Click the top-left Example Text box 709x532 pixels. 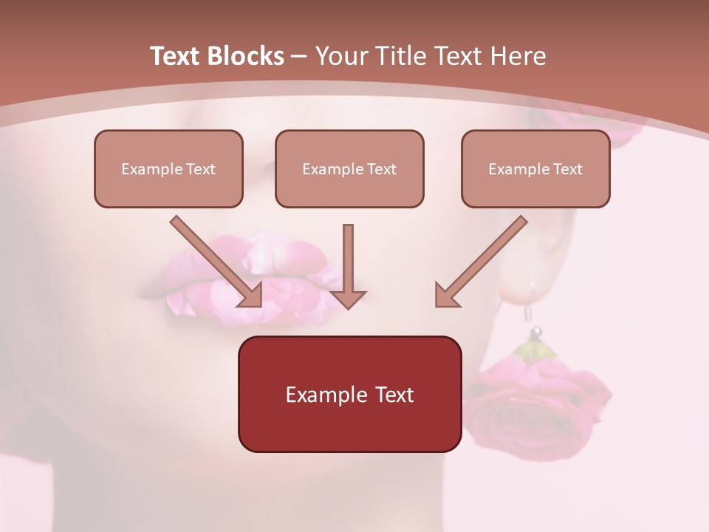pos(168,168)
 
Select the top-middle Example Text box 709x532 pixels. pos(349,168)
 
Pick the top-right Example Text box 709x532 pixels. pos(535,168)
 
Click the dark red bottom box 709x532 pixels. pos(349,394)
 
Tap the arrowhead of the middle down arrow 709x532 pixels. pos(348,299)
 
